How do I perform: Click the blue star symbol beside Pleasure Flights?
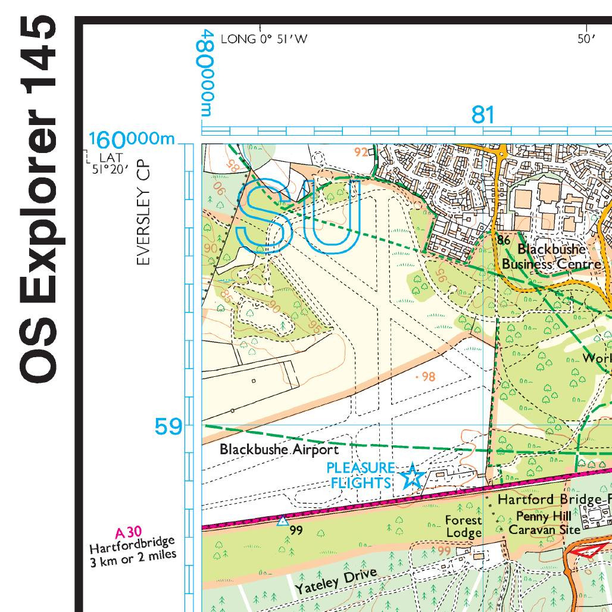pyautogui.click(x=412, y=477)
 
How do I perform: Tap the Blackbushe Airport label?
pyautogui.click(x=279, y=449)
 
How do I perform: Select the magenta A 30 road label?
pyautogui.click(x=128, y=533)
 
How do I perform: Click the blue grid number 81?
pyautogui.click(x=482, y=114)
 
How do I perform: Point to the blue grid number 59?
pyautogui.click(x=168, y=427)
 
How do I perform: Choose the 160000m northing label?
pyautogui.click(x=132, y=140)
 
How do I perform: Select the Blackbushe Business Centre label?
pyautogui.click(x=551, y=257)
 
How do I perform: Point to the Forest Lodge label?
pyautogui.click(x=463, y=526)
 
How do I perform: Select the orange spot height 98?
pyautogui.click(x=427, y=377)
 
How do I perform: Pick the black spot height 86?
pyautogui.click(x=504, y=241)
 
